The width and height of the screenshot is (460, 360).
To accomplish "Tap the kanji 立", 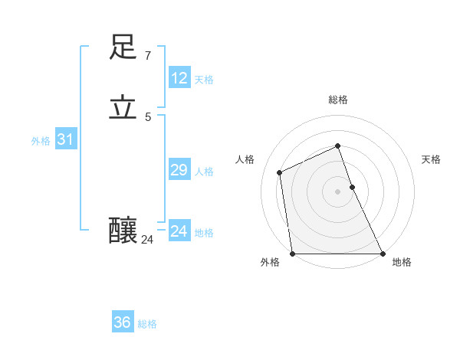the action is (x=123, y=108).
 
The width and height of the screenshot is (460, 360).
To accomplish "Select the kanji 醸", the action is (x=123, y=230).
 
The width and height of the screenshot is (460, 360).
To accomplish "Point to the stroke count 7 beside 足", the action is (x=147, y=56).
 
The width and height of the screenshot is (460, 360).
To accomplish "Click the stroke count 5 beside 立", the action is (x=148, y=116).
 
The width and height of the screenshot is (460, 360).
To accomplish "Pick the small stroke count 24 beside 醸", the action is (x=147, y=240).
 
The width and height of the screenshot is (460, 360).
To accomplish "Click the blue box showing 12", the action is (x=179, y=78).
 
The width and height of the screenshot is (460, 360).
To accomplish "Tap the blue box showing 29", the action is (x=179, y=170).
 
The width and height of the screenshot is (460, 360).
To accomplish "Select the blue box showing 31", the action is (x=65, y=139).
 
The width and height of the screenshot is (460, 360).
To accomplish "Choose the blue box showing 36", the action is (x=122, y=322).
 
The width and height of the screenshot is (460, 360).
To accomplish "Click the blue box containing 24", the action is (x=179, y=231).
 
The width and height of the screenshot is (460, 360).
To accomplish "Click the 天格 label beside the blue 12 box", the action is (x=204, y=80).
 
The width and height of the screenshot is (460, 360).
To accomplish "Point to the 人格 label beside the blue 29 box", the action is (x=204, y=172).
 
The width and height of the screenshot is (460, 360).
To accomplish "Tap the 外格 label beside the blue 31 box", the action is (x=41, y=141).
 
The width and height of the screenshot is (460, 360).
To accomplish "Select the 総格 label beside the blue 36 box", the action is (x=147, y=324).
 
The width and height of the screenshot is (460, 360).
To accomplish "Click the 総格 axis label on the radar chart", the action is (x=338, y=100).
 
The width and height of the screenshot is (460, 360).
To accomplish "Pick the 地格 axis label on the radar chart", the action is (x=402, y=263).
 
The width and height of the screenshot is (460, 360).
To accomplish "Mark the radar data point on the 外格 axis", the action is (x=292, y=254).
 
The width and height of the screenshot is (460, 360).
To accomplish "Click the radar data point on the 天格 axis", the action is (x=352, y=186).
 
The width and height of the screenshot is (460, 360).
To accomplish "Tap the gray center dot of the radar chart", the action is (x=337, y=191).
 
